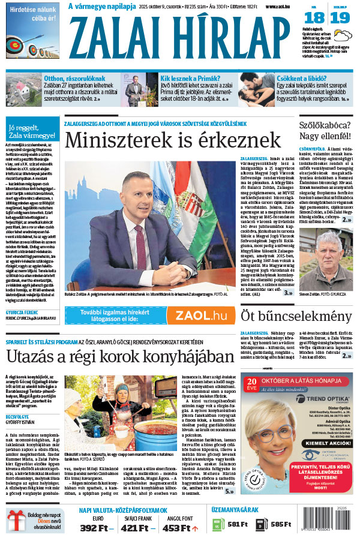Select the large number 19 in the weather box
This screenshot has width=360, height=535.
click(x=340, y=17)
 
